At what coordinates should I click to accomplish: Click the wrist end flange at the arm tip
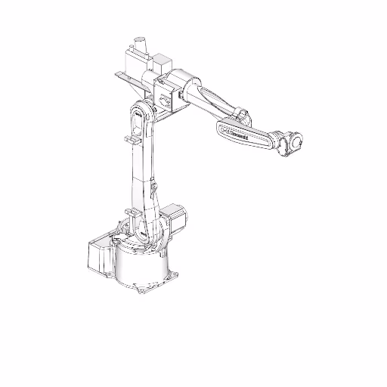296,141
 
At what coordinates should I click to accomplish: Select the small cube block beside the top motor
162,61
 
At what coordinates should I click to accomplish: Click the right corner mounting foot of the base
175,273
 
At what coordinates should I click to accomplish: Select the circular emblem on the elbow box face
168,98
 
